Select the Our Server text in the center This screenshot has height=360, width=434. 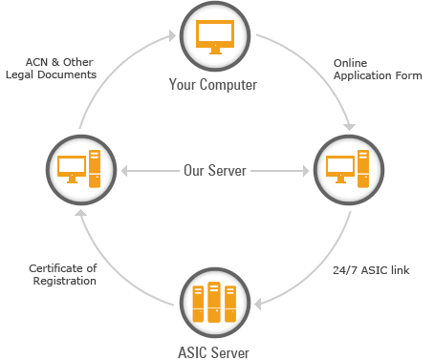[x=215, y=171]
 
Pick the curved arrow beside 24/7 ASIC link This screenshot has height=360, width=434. [x=325, y=277]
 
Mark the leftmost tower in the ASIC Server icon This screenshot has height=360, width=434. [x=198, y=304]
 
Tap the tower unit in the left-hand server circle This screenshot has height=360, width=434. [x=94, y=171]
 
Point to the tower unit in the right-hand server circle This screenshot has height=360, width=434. [x=363, y=171]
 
